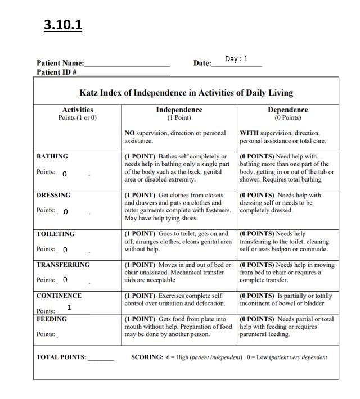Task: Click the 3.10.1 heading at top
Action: [x=63, y=25]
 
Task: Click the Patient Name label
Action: [x=60, y=64]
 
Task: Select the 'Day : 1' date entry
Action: [x=236, y=59]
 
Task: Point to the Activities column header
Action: [x=78, y=110]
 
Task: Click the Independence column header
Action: [x=179, y=110]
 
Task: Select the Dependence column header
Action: [x=287, y=110]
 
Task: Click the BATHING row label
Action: [x=52, y=156]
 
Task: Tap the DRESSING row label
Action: [x=53, y=195]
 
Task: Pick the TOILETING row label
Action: [x=56, y=234]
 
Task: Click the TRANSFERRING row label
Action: [x=63, y=265]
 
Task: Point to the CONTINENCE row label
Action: [x=59, y=296]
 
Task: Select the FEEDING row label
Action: [x=52, y=319]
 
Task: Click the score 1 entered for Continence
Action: [x=69, y=307]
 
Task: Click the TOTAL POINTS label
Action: [x=62, y=357]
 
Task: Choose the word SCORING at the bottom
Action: [x=148, y=357]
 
